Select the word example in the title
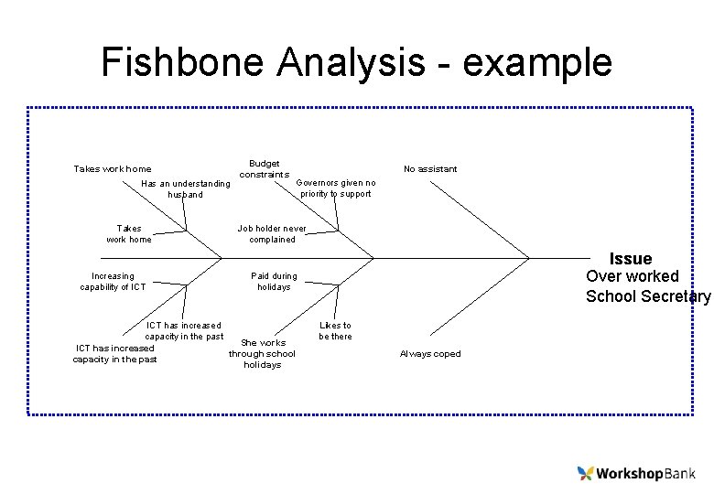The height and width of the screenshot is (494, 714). [537, 62]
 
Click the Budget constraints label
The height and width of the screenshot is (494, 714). [265, 168]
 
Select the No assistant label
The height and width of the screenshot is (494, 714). [430, 168]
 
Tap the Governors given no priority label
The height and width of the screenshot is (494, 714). [336, 188]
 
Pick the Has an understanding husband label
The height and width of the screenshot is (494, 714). [186, 189]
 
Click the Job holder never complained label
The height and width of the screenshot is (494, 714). [272, 234]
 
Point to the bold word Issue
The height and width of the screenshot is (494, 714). [631, 259]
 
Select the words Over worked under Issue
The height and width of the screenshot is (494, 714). [633, 276]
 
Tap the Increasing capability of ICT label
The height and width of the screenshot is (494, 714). [113, 282]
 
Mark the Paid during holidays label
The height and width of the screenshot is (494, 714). [274, 282]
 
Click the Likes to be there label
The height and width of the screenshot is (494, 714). [335, 330]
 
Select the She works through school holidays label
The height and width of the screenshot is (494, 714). [262, 354]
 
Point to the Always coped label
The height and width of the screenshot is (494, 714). [430, 354]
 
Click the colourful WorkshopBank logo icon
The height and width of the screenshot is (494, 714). [586, 473]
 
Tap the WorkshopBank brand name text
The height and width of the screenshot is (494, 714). [646, 474]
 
